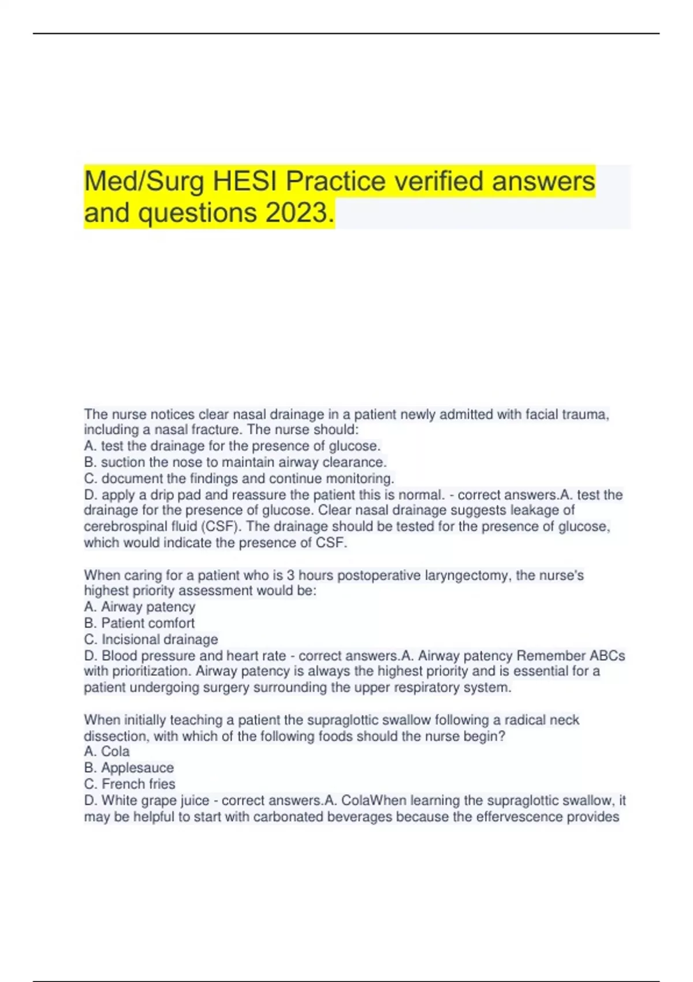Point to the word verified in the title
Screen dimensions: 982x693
[x=439, y=181]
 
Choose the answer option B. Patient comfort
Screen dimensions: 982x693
[x=139, y=623]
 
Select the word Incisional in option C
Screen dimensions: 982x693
[x=130, y=639]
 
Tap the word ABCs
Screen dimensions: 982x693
[x=607, y=656]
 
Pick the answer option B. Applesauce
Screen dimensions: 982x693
[x=129, y=768]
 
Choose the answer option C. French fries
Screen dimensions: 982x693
[x=129, y=784]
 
